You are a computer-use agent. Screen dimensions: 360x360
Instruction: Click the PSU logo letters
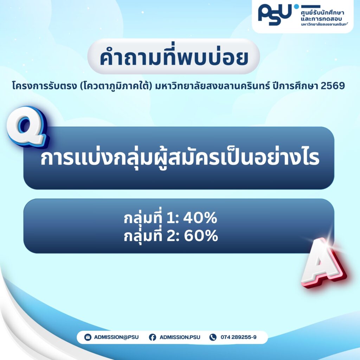tap(275, 14)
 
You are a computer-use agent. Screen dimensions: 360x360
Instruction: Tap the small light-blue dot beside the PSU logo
tap(296, 6)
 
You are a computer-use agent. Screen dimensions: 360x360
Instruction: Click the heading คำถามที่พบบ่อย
tap(174, 57)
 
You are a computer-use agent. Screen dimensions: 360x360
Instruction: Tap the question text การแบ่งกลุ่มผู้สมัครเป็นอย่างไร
tap(180, 158)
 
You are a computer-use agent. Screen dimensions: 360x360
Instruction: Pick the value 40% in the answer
tap(200, 218)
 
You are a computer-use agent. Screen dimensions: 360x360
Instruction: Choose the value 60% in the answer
tap(201, 236)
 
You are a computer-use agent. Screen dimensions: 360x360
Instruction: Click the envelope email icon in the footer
tap(88, 337)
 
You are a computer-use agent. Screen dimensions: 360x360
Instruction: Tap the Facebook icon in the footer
tap(153, 337)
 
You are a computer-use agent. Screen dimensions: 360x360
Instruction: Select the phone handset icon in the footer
tap(213, 337)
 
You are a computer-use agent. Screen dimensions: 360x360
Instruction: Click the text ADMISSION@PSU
tap(116, 337)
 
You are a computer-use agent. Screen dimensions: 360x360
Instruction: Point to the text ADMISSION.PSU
tap(180, 337)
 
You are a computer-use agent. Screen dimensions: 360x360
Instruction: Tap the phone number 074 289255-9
tap(239, 337)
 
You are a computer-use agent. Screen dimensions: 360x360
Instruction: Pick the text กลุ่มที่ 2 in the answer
tap(152, 236)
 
